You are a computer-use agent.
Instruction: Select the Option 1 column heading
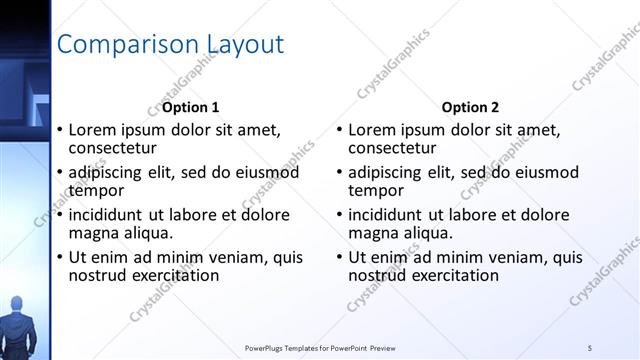tap(190, 107)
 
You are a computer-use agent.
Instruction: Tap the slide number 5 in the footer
tap(590, 347)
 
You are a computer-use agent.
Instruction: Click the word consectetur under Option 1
tap(116, 148)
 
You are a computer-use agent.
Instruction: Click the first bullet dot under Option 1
tap(60, 130)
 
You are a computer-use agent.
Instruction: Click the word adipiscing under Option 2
tap(392, 172)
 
